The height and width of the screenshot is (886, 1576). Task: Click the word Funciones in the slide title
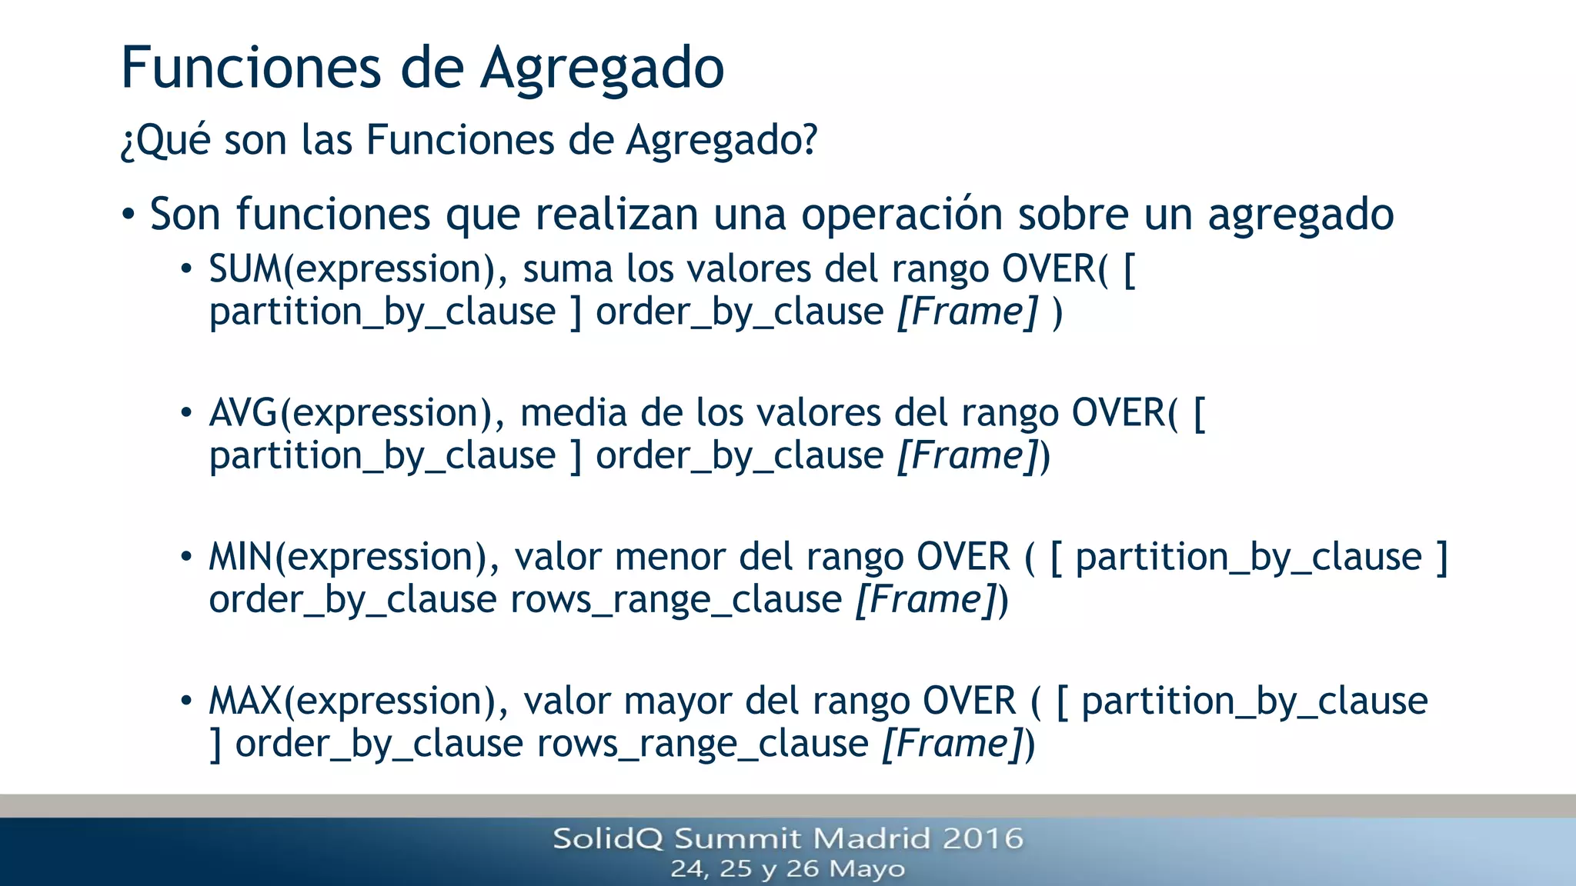tap(251, 68)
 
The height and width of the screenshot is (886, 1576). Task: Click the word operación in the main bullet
tap(902, 215)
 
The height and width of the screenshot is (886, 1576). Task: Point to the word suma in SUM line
tap(568, 270)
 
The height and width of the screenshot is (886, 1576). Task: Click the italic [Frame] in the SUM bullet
tap(968, 312)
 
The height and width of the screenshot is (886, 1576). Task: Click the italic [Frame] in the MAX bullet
tap(952, 744)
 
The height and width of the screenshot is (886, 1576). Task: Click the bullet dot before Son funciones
tap(129, 215)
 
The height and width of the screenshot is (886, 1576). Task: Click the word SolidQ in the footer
tap(607, 838)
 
